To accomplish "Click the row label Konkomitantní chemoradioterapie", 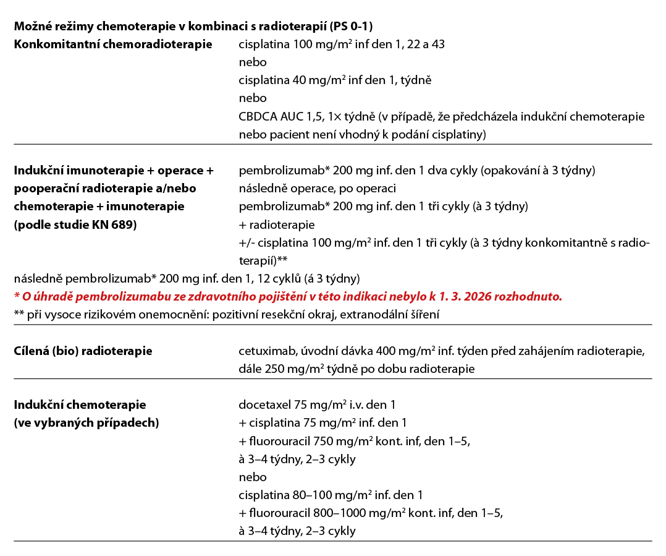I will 113,44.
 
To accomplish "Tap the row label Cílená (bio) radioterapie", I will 83,351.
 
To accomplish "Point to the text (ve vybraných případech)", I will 86,423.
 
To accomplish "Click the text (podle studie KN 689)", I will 75,225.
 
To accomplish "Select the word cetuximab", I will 264,351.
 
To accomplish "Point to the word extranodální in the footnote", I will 381,315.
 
